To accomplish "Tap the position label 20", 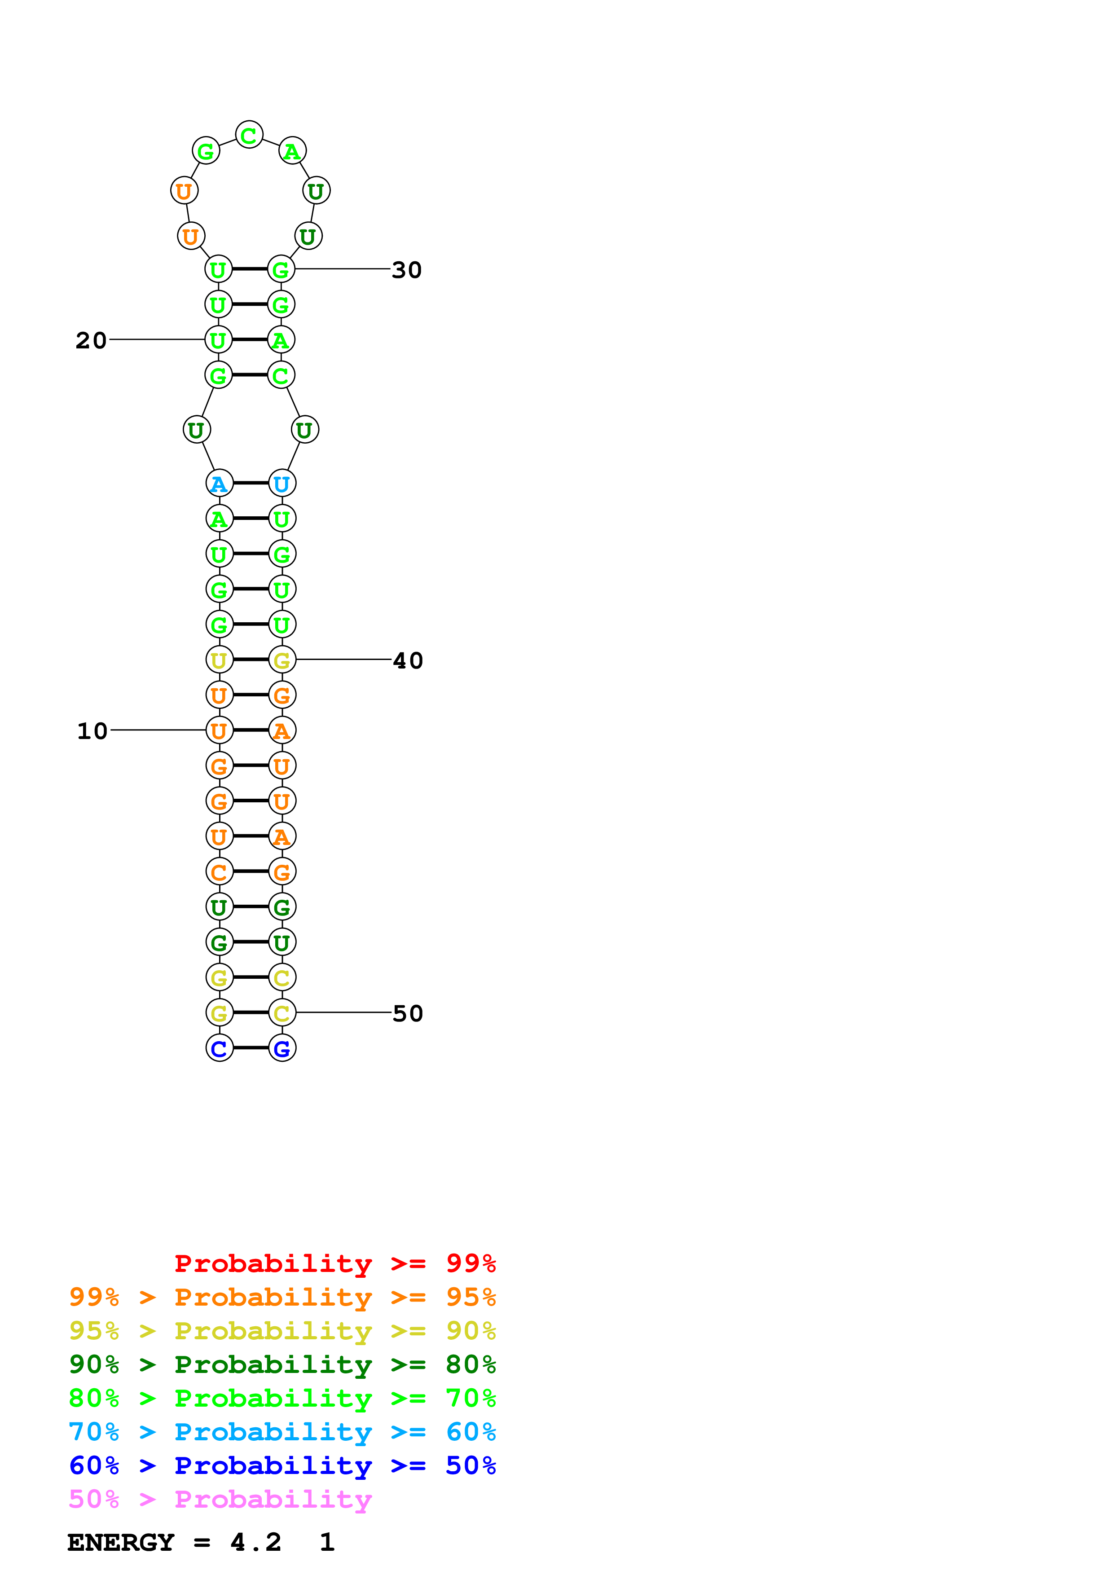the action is (91, 340).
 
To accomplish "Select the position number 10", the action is (92, 731).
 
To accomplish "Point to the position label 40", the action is (408, 660).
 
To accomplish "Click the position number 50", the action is (408, 1013).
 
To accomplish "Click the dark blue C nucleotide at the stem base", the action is (220, 1048).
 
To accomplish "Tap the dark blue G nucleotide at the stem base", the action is (282, 1048).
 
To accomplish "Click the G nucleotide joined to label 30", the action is (281, 269).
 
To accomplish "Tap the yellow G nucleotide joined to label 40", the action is (282, 660).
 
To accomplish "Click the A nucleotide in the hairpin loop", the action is (292, 151).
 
